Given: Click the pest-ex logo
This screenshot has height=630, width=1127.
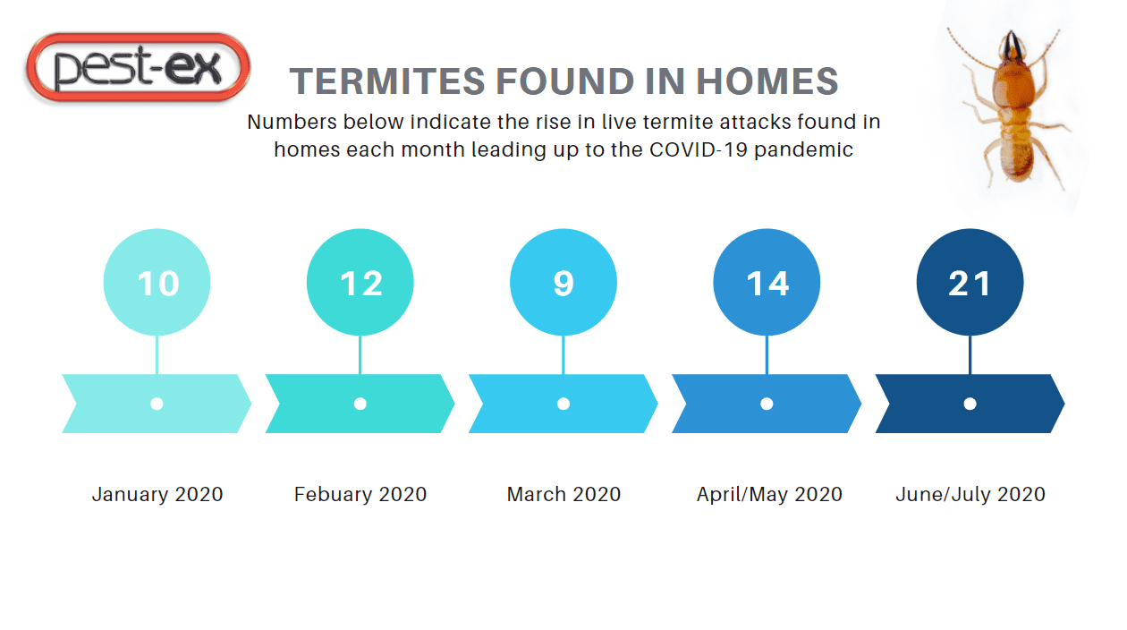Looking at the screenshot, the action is [138, 67].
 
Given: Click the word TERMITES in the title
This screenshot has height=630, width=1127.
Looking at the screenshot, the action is [387, 81].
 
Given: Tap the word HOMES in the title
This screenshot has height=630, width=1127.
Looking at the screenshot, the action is [767, 81].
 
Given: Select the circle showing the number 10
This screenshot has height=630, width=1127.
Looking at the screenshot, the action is [157, 282].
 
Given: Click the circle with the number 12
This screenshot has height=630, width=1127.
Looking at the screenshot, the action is [360, 282].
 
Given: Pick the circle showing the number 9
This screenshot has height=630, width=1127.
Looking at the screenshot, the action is [563, 282].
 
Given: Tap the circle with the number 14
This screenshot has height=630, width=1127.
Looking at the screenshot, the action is [767, 282].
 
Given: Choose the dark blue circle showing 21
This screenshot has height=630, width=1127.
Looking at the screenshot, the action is [970, 282].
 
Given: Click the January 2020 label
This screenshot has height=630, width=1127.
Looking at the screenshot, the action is [157, 494].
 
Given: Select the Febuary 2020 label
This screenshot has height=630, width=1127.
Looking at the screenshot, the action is [360, 494].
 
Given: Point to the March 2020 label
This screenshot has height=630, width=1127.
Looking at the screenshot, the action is [563, 494].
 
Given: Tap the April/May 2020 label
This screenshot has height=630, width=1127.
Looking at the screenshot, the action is [769, 495].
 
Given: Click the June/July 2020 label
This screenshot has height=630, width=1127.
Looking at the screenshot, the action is [970, 495].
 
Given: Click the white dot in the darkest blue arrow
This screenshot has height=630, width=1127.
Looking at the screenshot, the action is [970, 404].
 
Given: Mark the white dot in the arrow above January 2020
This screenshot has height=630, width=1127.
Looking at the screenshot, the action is [157, 404].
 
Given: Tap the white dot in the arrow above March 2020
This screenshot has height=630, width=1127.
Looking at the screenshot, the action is [563, 404].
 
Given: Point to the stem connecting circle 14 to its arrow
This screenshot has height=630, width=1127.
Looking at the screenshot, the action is [767, 354].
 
